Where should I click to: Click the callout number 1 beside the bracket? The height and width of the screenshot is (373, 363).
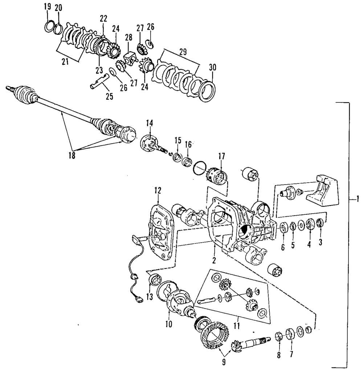pyautogui.click(x=358, y=199)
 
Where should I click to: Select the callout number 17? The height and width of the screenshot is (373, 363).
pyautogui.click(x=221, y=157)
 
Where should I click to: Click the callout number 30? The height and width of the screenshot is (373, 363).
pyautogui.click(x=212, y=68)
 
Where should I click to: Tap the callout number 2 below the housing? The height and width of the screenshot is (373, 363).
pyautogui.click(x=214, y=260)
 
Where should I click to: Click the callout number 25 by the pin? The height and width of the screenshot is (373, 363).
pyautogui.click(x=109, y=96)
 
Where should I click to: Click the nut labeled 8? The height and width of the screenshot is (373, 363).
pyautogui.click(x=278, y=336)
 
